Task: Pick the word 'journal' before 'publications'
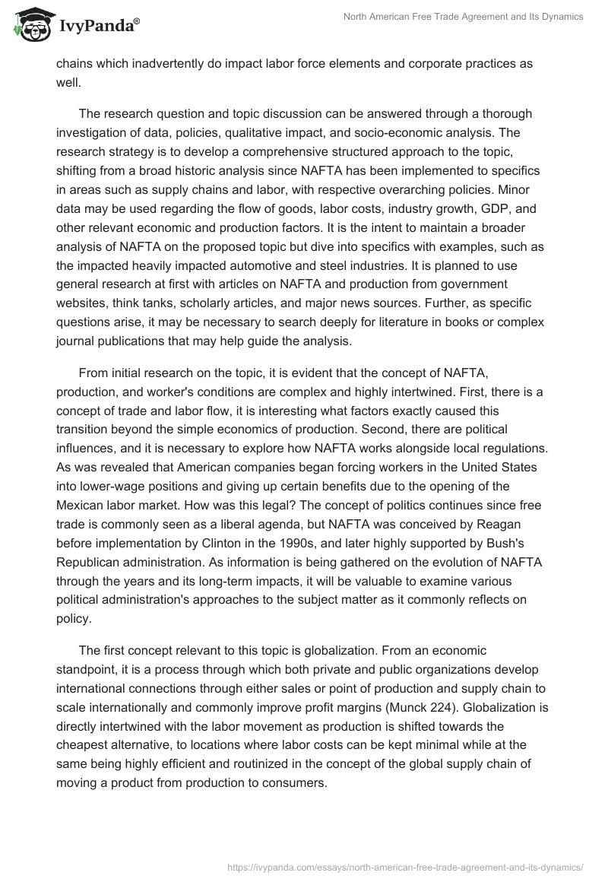[x=78, y=341]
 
